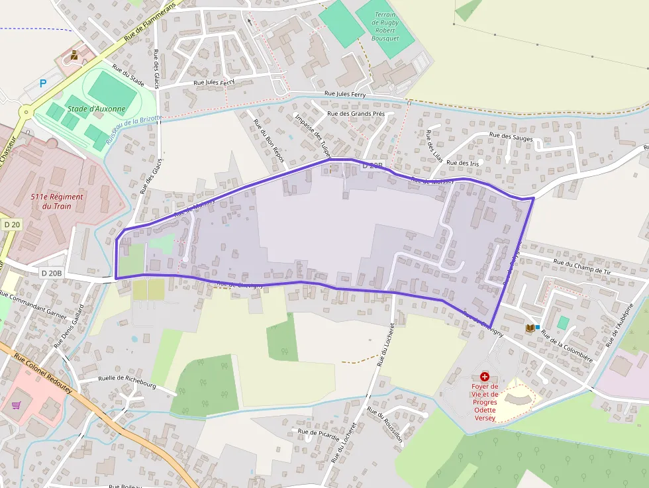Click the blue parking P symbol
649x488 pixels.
click(x=44, y=83)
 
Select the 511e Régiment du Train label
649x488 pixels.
click(x=57, y=201)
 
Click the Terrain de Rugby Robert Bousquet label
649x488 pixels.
click(x=385, y=26)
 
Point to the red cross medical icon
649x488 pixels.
click(x=485, y=376)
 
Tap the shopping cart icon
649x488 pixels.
click(x=17, y=405)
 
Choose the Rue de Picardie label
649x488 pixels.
click(x=319, y=434)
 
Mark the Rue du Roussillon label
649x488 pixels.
click(x=385, y=424)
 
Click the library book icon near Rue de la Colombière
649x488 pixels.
click(x=530, y=328)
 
